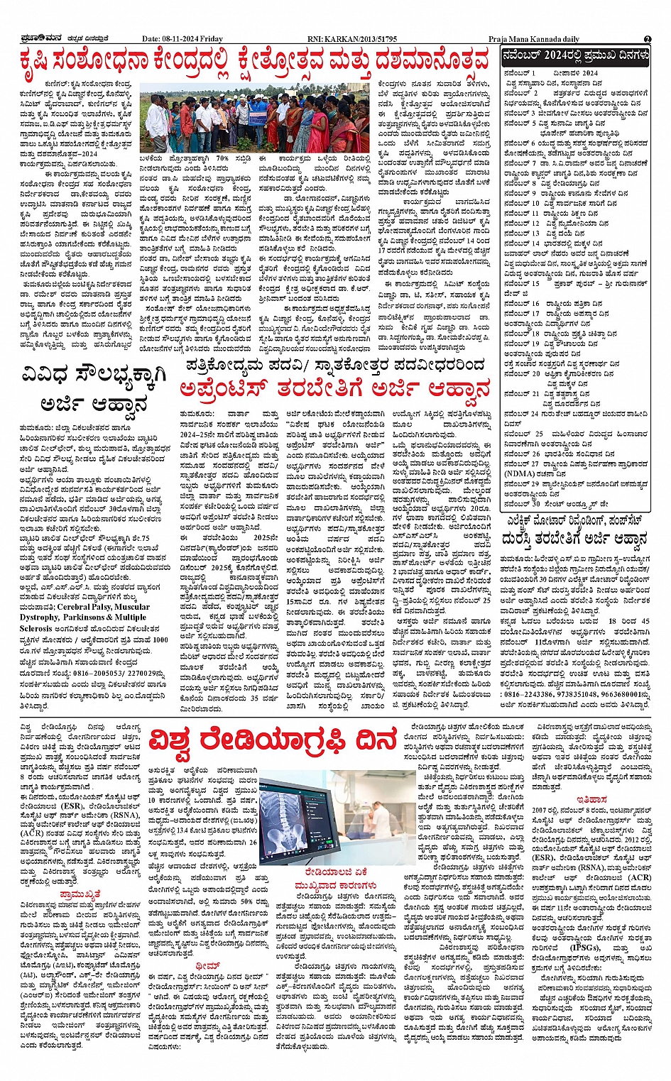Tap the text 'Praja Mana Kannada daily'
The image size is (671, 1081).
534,40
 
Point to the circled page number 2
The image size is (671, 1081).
648,40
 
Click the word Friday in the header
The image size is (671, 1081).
211,40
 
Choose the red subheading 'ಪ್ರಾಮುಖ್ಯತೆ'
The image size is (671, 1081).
80,894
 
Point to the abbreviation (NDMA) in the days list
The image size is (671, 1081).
520,473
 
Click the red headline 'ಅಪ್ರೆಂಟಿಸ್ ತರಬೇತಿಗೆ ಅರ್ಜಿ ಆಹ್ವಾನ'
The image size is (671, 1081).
335,390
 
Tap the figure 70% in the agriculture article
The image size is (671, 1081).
222,158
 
